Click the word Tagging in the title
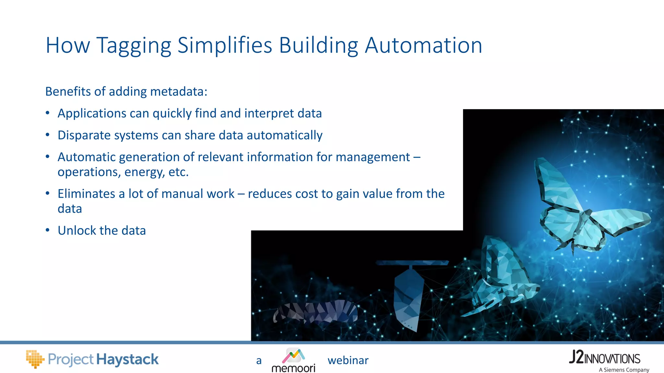click(134, 45)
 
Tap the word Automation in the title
click(423, 45)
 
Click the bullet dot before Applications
click(48, 113)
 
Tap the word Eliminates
click(86, 194)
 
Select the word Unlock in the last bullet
click(77, 231)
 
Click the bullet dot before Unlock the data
click(48, 231)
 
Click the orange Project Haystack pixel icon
click(34, 359)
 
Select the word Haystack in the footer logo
click(127, 359)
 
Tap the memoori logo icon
click(293, 356)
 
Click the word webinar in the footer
click(348, 360)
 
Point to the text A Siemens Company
click(624, 370)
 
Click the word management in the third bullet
click(373, 157)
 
